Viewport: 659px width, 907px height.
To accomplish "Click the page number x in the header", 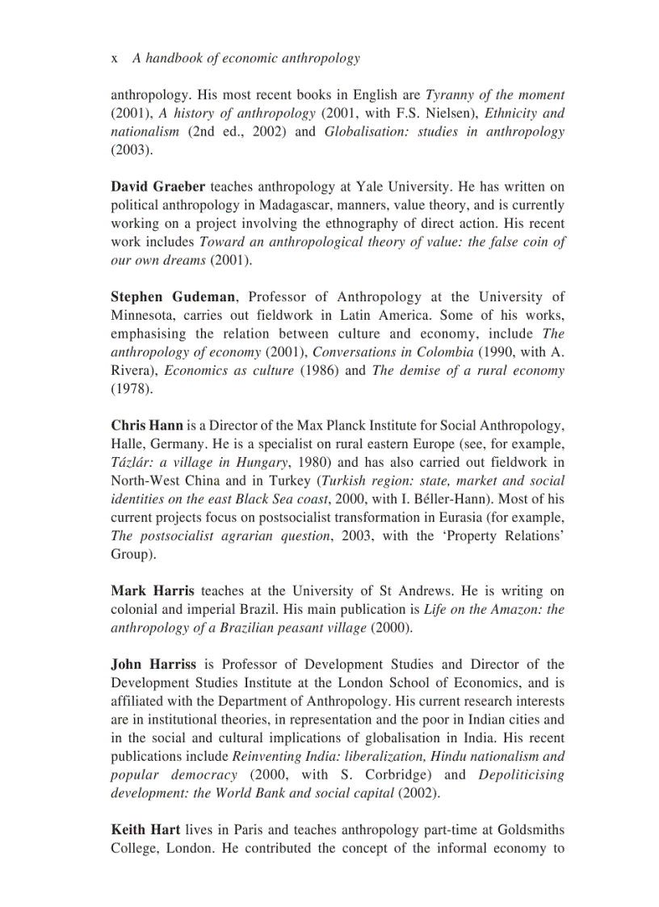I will click(x=114, y=58).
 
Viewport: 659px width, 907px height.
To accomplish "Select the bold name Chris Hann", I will click(x=147, y=425).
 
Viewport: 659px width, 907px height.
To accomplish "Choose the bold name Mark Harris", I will click(x=152, y=590).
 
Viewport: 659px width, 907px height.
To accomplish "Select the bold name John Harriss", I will click(x=153, y=664).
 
